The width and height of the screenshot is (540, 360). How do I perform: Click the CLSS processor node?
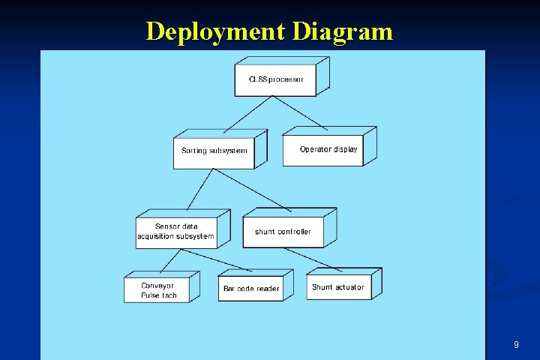(x=276, y=79)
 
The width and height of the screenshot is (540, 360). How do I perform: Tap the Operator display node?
(x=328, y=149)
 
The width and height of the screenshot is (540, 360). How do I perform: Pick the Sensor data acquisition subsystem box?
(x=175, y=232)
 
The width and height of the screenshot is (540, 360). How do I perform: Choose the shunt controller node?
(x=283, y=232)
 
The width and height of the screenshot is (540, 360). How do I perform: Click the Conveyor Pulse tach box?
(x=157, y=290)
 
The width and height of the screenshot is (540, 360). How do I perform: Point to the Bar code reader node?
(x=251, y=289)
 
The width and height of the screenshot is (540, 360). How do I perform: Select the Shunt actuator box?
(x=338, y=287)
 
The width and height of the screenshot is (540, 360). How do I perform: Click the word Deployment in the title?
(x=214, y=31)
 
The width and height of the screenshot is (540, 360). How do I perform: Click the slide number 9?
(x=516, y=345)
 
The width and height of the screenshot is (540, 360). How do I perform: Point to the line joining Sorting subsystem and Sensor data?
(x=200, y=189)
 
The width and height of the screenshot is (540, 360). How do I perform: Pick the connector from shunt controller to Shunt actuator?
(x=314, y=259)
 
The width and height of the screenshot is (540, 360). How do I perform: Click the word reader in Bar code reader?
(x=267, y=289)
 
